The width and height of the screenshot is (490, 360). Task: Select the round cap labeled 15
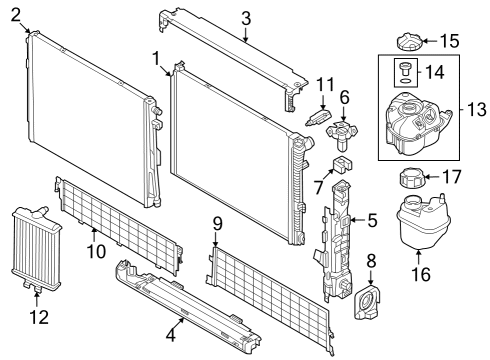(x=409, y=45)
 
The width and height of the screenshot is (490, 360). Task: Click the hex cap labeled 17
(x=413, y=182)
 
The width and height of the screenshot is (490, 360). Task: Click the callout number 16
(x=418, y=273)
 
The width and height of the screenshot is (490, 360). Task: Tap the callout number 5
(x=372, y=220)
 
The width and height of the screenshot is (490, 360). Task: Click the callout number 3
(x=246, y=17)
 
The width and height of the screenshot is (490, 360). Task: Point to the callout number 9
(x=216, y=222)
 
